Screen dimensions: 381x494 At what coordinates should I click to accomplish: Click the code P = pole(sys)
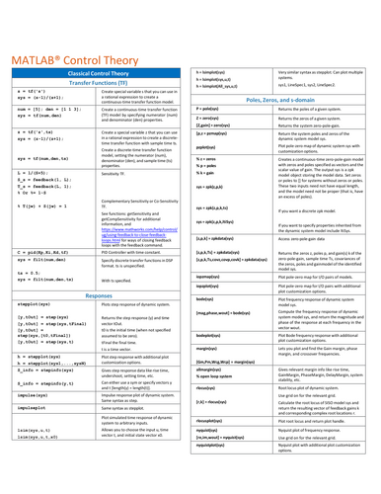218,109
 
